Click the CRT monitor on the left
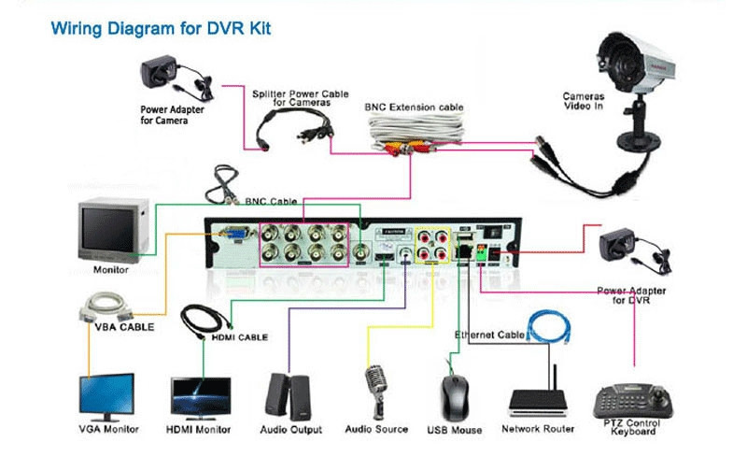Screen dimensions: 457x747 coord(110,227)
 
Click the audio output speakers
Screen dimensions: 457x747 coord(289,398)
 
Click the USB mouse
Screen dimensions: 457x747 coord(454,397)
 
